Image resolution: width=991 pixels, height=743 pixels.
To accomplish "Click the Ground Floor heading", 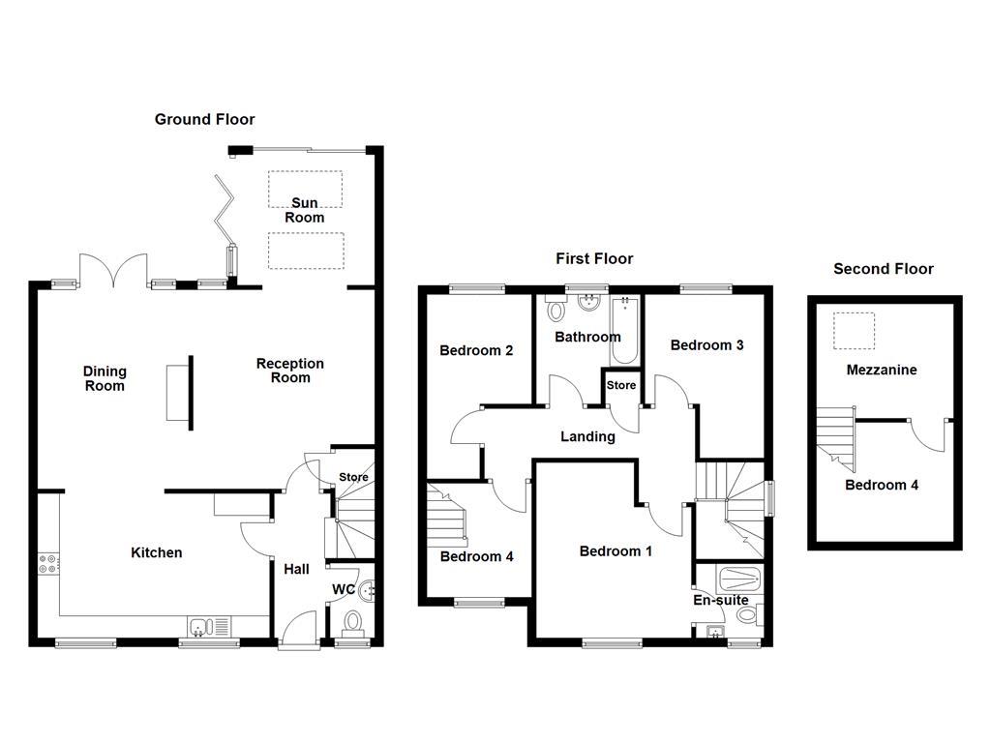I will pos(204,120).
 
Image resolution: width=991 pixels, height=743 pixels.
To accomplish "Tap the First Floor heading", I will pos(593,258).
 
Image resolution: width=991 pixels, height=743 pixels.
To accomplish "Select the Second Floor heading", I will pos(883,269).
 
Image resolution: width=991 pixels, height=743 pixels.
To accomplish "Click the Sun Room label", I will pos(304,210).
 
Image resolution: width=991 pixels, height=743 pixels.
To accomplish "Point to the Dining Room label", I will pos(105,378).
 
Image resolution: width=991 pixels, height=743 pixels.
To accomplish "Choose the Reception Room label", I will pos(289,371).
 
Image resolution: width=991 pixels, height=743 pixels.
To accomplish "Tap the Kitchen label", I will pos(156,552).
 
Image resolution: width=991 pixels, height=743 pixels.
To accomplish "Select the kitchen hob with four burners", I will pos(47,563).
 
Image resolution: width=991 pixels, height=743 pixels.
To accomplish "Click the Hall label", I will pos(296,570).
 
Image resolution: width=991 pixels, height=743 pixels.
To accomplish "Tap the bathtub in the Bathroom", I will pos(624,330).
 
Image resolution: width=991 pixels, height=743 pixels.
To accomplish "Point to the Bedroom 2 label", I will pos(476,350).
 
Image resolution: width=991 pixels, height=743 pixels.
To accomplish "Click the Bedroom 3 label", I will pos(706,344).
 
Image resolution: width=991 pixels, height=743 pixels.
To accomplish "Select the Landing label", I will pos(587,436).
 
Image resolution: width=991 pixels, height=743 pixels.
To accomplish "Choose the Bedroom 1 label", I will pos(616,551).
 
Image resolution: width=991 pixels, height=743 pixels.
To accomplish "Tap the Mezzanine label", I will pos(881,370).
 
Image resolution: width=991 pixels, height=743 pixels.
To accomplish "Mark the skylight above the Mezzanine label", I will pos(854,330).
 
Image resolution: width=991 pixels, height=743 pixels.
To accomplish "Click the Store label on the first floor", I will pos(621,385).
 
